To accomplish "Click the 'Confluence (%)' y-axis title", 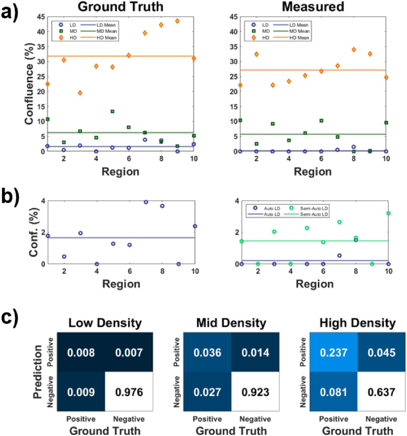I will pos(28,84).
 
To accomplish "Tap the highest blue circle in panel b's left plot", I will pos(145,202).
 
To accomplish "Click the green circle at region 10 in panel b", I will pos(388,213).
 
